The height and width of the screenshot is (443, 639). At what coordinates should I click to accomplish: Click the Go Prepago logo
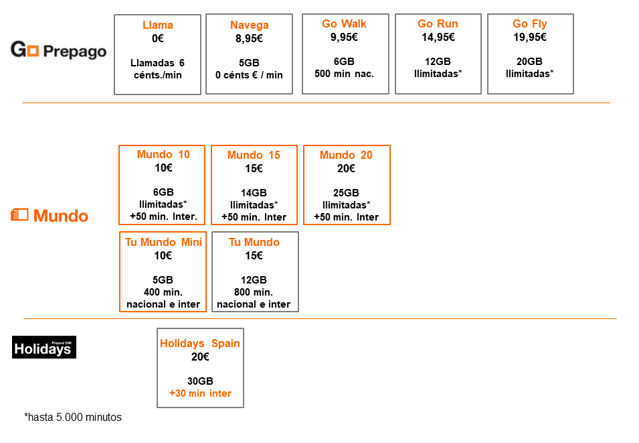pos(59,50)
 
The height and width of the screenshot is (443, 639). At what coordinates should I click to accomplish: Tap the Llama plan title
pos(158,25)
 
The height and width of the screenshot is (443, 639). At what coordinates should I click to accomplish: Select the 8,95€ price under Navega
pos(249,38)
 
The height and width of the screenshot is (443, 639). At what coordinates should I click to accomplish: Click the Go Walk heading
pos(345,23)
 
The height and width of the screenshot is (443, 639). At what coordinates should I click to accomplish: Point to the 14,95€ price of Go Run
pos(438,37)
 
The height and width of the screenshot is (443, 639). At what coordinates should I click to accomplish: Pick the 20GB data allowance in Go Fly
pos(529,62)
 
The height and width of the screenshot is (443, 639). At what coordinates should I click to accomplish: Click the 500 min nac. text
pos(345,74)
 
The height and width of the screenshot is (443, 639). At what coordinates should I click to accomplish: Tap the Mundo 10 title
pos(163,154)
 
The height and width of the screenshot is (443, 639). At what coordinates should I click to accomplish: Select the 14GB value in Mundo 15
pos(254,193)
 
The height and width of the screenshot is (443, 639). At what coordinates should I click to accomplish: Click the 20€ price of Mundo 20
pos(346,168)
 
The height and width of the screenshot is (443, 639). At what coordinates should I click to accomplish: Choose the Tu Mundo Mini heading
pos(163,242)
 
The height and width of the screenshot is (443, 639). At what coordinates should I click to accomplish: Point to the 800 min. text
pos(254,292)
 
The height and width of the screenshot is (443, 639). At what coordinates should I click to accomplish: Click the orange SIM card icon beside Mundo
pos(19,214)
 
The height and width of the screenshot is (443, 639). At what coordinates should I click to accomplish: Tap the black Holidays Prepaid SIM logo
pos(44,347)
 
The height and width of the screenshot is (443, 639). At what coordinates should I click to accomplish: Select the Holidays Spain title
pos(200,343)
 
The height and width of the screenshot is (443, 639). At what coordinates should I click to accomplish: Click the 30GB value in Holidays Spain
pos(200,381)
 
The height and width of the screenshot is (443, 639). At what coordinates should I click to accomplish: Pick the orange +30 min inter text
pos(200,393)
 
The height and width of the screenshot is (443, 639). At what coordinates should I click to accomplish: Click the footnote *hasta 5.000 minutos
pos(73,418)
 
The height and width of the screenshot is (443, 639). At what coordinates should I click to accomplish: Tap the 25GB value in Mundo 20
pos(346,193)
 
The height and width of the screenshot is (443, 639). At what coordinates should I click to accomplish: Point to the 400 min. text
pos(163,292)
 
